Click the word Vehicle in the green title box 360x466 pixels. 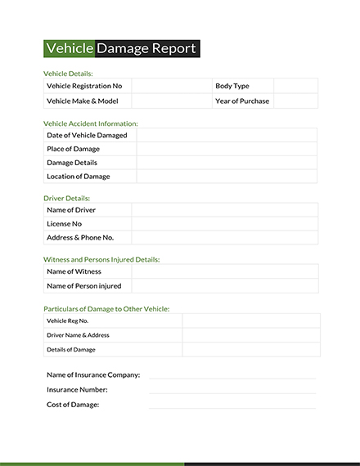tap(69, 48)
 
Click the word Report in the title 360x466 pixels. tap(173, 48)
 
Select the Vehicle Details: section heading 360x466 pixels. tap(68, 73)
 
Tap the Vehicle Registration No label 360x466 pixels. tap(84, 86)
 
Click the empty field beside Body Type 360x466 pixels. tap(295, 86)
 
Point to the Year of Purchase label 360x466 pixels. tap(242, 101)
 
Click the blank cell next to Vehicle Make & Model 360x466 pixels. tap(171, 101)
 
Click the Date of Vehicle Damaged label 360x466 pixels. tap(87, 135)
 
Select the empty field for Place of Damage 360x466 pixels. tap(227, 149)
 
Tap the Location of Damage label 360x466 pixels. tap(79, 177)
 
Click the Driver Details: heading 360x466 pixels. tap(66, 198)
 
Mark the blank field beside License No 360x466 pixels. tap(224, 223)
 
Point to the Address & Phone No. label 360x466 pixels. tap(80, 237)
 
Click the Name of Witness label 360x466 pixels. tap(74, 271)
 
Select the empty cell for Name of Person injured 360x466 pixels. tap(224, 285)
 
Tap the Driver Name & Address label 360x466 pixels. tap(78, 335)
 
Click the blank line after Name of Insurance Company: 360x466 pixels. tap(232, 375)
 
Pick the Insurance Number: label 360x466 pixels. tap(77, 390)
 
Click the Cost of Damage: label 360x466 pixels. tap(73, 405)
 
